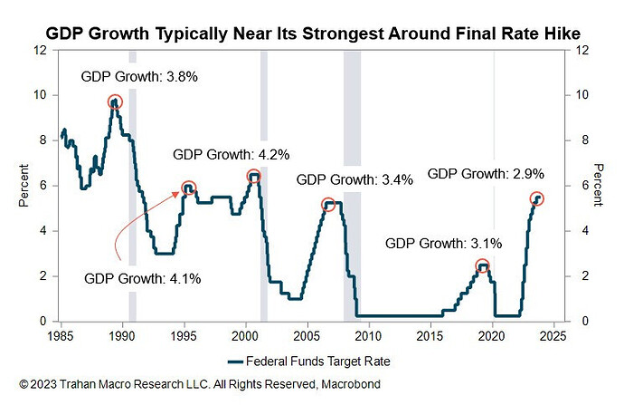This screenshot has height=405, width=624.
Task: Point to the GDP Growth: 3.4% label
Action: [x=354, y=179]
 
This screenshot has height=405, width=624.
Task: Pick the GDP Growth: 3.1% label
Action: [x=443, y=243]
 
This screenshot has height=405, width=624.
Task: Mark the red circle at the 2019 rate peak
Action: [x=483, y=266]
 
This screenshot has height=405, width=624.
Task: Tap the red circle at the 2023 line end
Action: [x=537, y=198]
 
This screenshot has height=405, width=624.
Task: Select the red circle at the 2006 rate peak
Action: [x=328, y=206]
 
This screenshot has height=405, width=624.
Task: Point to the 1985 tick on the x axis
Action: [x=61, y=334]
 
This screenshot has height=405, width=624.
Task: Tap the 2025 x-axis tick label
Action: [x=553, y=334]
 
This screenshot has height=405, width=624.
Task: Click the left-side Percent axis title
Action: [x=24, y=186]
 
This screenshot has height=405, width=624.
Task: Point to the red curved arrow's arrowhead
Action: [x=177, y=192]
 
